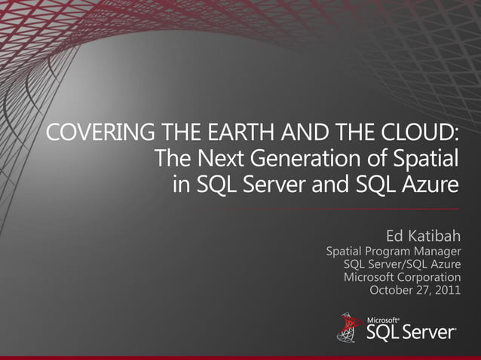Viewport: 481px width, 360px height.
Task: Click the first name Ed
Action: coord(396,235)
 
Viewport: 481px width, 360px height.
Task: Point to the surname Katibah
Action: coord(437,235)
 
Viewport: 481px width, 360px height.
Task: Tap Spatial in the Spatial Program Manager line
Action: coord(345,251)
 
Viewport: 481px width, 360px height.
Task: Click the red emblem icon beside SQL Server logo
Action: coord(349,327)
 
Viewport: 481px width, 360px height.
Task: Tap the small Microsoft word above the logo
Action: coord(382,320)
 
